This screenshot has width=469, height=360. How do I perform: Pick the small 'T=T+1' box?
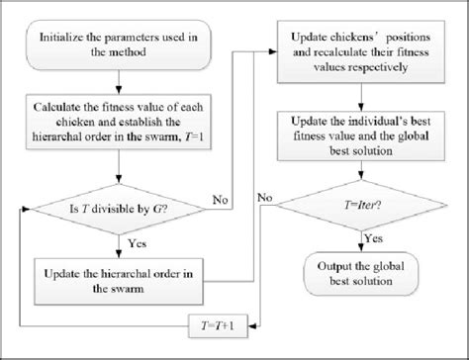pos(224,322)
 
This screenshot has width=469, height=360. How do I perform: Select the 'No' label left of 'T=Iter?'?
pos(265,197)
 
